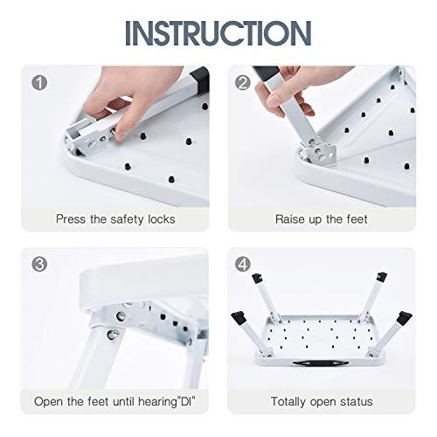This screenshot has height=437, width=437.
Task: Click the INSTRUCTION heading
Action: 218,33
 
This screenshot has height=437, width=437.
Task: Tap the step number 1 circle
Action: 39,82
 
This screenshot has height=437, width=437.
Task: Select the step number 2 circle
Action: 243,82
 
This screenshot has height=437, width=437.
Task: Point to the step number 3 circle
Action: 39,264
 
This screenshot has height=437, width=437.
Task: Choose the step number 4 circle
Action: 243,264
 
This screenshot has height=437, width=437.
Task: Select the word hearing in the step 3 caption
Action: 157,402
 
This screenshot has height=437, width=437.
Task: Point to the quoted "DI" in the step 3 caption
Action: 186,401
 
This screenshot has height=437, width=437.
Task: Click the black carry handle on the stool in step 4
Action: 321,363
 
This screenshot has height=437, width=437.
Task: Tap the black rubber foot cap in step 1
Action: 199,80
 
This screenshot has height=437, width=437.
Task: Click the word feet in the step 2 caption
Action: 357,219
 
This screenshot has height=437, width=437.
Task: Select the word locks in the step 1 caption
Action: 162,219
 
